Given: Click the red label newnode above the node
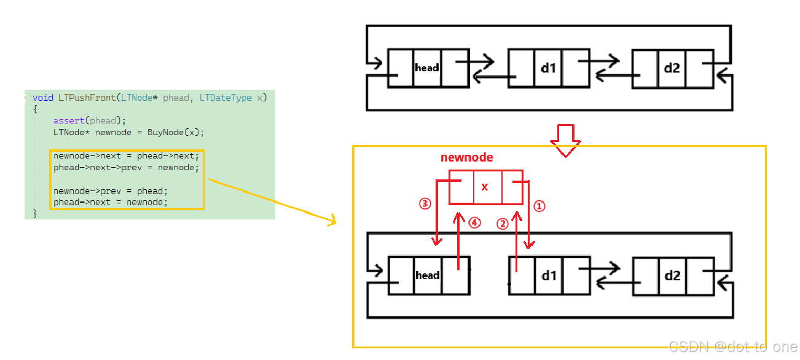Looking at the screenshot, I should click(x=467, y=158).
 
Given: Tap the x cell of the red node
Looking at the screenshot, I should click(x=485, y=187).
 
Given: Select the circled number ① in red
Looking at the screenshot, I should click(x=539, y=206).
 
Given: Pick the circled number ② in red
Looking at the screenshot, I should click(x=503, y=224).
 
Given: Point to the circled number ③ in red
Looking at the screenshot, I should click(x=425, y=203).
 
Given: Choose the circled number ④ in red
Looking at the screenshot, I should click(x=474, y=224).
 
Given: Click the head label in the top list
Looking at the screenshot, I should click(x=427, y=68).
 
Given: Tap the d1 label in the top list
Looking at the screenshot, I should click(x=548, y=68).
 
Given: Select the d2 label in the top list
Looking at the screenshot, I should click(x=672, y=68).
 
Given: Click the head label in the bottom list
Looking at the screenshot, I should click(x=428, y=275).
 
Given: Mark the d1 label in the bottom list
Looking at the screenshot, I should click(x=549, y=275).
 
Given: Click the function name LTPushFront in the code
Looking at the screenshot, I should click(x=87, y=98).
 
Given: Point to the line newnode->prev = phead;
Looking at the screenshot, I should click(x=110, y=190).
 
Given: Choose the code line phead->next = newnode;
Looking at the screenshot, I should click(x=110, y=202).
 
